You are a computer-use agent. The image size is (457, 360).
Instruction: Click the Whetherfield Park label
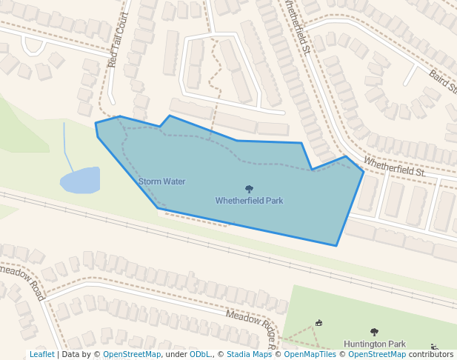[x=249, y=201]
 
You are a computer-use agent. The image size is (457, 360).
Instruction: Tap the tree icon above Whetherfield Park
[x=249, y=190]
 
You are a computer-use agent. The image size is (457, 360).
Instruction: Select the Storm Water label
[x=161, y=181]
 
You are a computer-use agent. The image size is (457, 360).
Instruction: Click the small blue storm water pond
[x=80, y=180]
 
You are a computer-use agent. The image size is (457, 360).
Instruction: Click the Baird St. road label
[x=443, y=82]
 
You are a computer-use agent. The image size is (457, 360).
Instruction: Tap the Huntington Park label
[x=375, y=344]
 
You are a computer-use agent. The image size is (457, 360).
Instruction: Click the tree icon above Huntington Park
[x=374, y=333]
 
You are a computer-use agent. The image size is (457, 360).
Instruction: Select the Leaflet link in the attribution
[x=41, y=355]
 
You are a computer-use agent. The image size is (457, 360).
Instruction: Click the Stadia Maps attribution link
[x=249, y=355]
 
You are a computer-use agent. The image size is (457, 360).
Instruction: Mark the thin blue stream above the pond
[x=66, y=145]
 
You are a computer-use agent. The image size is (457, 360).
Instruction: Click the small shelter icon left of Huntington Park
[x=319, y=322]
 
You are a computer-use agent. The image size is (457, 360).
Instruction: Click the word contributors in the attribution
[x=430, y=355]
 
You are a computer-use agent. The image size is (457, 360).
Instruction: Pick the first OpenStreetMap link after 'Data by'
[x=132, y=355]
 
